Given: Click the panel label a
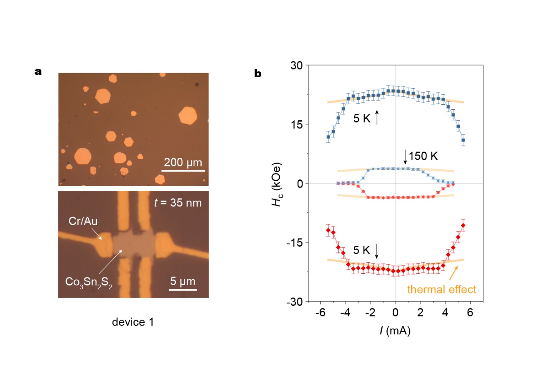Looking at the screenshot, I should [x=38, y=72].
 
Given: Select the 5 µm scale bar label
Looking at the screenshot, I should [x=183, y=280].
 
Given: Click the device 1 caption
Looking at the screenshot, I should [x=133, y=323].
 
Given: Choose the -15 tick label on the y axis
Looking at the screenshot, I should [x=297, y=242].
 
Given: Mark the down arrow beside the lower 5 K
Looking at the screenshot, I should [x=377, y=252].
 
